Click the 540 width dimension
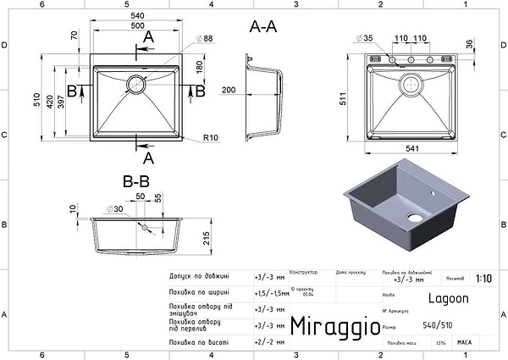[139, 15]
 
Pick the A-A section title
[263, 27]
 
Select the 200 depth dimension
[228, 89]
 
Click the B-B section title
[135, 180]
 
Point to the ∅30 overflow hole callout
[114, 208]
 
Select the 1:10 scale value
[483, 277]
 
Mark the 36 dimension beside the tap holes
[467, 45]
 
